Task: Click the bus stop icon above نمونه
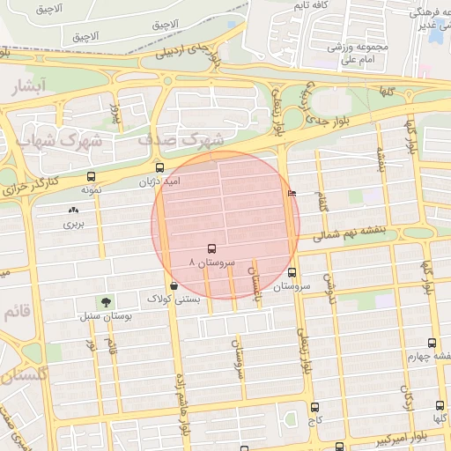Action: (92, 176)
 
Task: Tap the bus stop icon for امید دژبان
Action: (159, 167)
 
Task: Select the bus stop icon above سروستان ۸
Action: (211, 249)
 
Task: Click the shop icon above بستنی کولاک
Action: (174, 285)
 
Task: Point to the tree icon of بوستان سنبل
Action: (107, 302)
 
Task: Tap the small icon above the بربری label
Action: (72, 211)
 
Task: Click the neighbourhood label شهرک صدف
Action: (181, 140)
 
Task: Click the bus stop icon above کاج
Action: (314, 407)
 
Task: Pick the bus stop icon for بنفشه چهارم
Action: (431, 344)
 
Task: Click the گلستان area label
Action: (19, 374)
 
